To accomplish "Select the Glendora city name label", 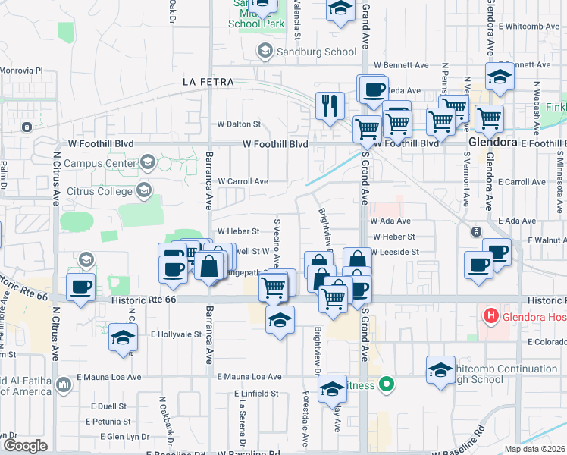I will [x=492, y=142].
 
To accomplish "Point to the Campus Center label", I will [x=98, y=162].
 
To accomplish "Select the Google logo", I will [x=25, y=446].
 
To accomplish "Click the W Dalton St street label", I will [x=239, y=124].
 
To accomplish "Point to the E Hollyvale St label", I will [x=175, y=334].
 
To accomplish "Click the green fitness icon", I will [x=387, y=384].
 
